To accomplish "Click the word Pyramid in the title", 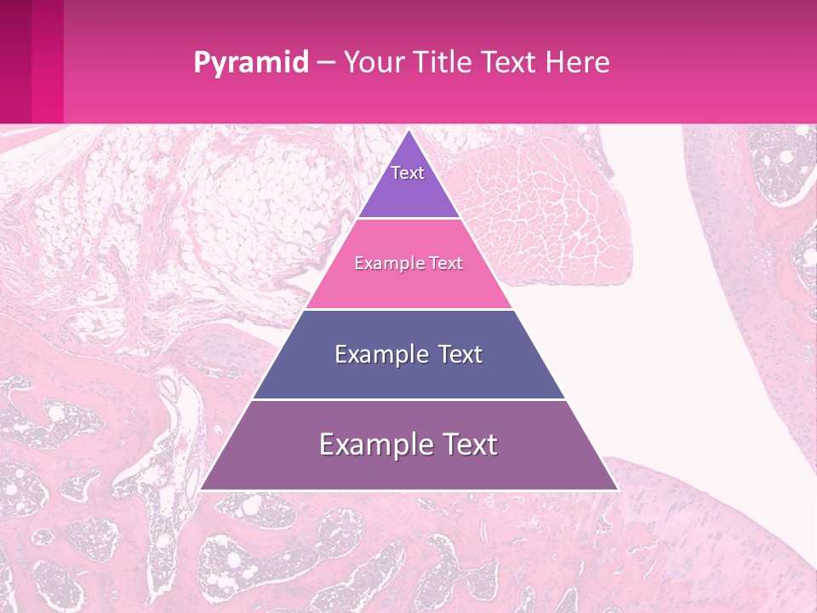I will pyautogui.click(x=250, y=63).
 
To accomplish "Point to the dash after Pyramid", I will pyautogui.click(x=326, y=63).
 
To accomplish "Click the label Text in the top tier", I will pyautogui.click(x=408, y=173).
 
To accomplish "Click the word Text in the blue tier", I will pyautogui.click(x=456, y=354).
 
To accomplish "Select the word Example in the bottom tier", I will pyautogui.click(x=375, y=444).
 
